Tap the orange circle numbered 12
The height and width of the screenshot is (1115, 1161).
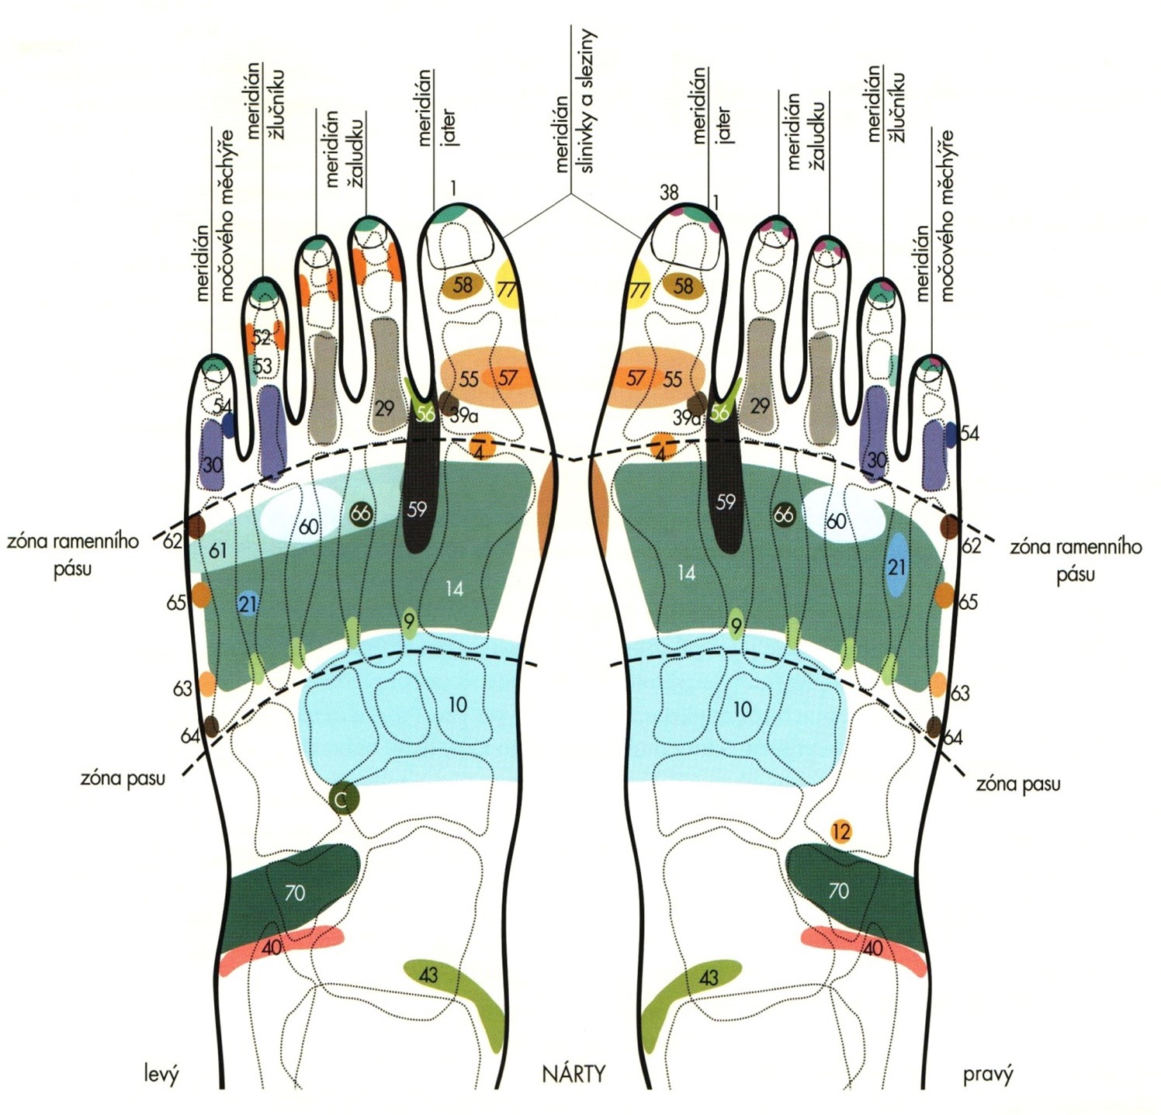pyautogui.click(x=840, y=832)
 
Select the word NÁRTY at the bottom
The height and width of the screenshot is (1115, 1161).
pyautogui.click(x=574, y=1074)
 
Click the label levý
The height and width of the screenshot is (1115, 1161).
pyautogui.click(x=161, y=1075)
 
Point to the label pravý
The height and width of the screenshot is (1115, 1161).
pyautogui.click(x=988, y=1075)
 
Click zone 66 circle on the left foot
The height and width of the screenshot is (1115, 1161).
pyautogui.click(x=361, y=513)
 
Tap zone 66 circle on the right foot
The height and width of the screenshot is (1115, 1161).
pyautogui.click(x=784, y=514)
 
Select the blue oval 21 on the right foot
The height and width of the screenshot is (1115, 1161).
pyautogui.click(x=897, y=565)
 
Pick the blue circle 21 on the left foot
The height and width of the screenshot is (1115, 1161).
pyautogui.click(x=248, y=604)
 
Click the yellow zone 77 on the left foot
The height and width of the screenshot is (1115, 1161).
pyautogui.click(x=507, y=289)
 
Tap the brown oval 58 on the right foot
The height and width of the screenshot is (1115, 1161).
pyautogui.click(x=684, y=286)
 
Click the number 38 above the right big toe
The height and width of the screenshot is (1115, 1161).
pyautogui.click(x=669, y=192)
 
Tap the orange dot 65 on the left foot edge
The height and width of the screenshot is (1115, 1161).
pyautogui.click(x=201, y=594)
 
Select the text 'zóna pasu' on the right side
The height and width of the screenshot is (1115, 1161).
pyautogui.click(x=1017, y=784)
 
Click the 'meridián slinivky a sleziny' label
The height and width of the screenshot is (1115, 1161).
pyautogui.click(x=574, y=101)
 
